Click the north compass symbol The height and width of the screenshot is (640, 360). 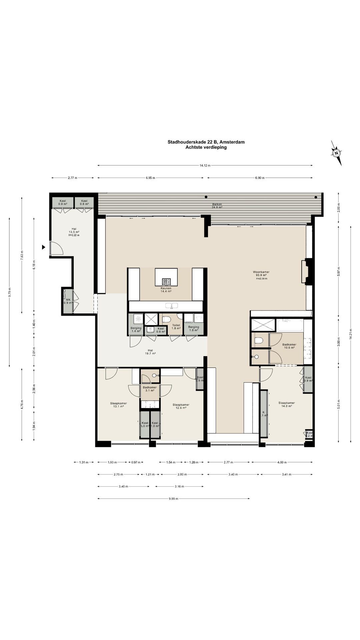(x=337, y=153)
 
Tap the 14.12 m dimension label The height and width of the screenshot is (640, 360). (x=205, y=165)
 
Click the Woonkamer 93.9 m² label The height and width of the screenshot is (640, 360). (x=261, y=275)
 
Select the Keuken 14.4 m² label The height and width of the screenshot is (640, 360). (x=166, y=290)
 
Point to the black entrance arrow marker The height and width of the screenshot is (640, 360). (x=43, y=247)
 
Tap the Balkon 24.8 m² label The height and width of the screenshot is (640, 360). (x=217, y=206)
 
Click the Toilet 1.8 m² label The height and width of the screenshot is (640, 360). (x=176, y=327)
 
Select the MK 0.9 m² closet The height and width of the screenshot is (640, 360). (x=68, y=301)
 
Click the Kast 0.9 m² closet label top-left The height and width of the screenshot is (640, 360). (x=63, y=202)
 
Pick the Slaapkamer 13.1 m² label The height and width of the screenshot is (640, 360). (x=118, y=405)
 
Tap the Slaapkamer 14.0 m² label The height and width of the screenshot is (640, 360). (x=287, y=404)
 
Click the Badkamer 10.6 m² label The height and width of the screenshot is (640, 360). (x=289, y=346)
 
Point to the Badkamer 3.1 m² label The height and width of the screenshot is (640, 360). (x=150, y=389)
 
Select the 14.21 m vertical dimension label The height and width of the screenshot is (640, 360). (x=350, y=337)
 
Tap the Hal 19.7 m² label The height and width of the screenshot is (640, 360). (x=150, y=352)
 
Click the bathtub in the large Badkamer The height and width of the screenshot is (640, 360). (x=290, y=325)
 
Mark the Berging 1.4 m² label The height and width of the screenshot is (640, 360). (x=136, y=329)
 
